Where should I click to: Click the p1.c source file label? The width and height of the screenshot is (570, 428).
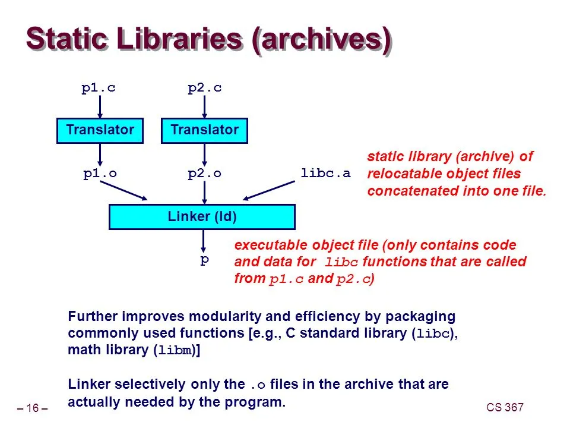point(99,88)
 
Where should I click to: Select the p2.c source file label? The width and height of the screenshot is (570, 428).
point(204,88)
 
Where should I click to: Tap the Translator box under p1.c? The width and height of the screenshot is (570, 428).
point(100,130)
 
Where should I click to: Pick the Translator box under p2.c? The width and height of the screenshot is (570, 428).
point(204,130)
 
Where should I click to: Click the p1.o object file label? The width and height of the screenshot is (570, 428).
point(100,173)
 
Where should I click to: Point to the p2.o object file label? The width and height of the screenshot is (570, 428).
point(204,173)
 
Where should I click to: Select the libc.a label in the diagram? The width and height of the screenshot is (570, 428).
point(326,173)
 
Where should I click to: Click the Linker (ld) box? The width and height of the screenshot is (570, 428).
point(202,217)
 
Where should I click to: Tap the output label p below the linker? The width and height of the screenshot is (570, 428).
point(204,260)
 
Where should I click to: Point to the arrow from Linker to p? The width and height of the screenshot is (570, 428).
point(204,241)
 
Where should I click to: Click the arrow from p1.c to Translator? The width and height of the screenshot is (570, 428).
point(100,107)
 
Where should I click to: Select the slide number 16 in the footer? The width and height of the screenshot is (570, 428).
point(32,408)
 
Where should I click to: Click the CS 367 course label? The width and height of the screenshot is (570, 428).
point(505,407)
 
